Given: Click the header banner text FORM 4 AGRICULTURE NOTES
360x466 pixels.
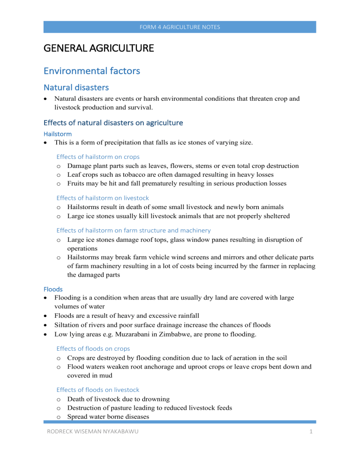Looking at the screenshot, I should [x=180, y=27].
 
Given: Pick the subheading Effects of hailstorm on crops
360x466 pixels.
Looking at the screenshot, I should [x=97, y=157].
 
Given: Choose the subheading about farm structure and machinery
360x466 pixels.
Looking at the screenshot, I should [x=133, y=230].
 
